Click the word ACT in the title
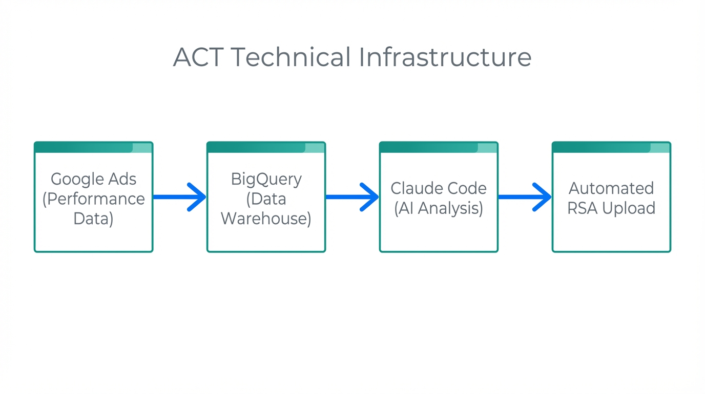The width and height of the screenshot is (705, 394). pos(198,57)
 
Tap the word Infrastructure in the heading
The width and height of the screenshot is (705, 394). pos(445,57)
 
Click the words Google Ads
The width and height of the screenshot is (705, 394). pos(93,179)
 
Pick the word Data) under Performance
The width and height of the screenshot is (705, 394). pos(93,219)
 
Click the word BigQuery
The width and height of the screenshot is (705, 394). pos(266,179)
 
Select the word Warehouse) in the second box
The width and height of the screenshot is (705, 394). pos(266,219)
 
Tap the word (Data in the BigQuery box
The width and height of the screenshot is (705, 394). pos(266,199)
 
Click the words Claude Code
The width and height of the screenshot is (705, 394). pos(439,188)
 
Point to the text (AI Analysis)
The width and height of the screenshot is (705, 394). pos(439,208)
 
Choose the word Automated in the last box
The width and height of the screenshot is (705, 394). pos(611,188)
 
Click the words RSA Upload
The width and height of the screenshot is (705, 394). pos(611,208)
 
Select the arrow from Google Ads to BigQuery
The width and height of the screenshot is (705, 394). pos(179,197)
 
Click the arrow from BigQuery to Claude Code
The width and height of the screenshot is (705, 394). pos(352,197)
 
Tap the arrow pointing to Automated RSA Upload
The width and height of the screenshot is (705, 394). pos(525,197)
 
